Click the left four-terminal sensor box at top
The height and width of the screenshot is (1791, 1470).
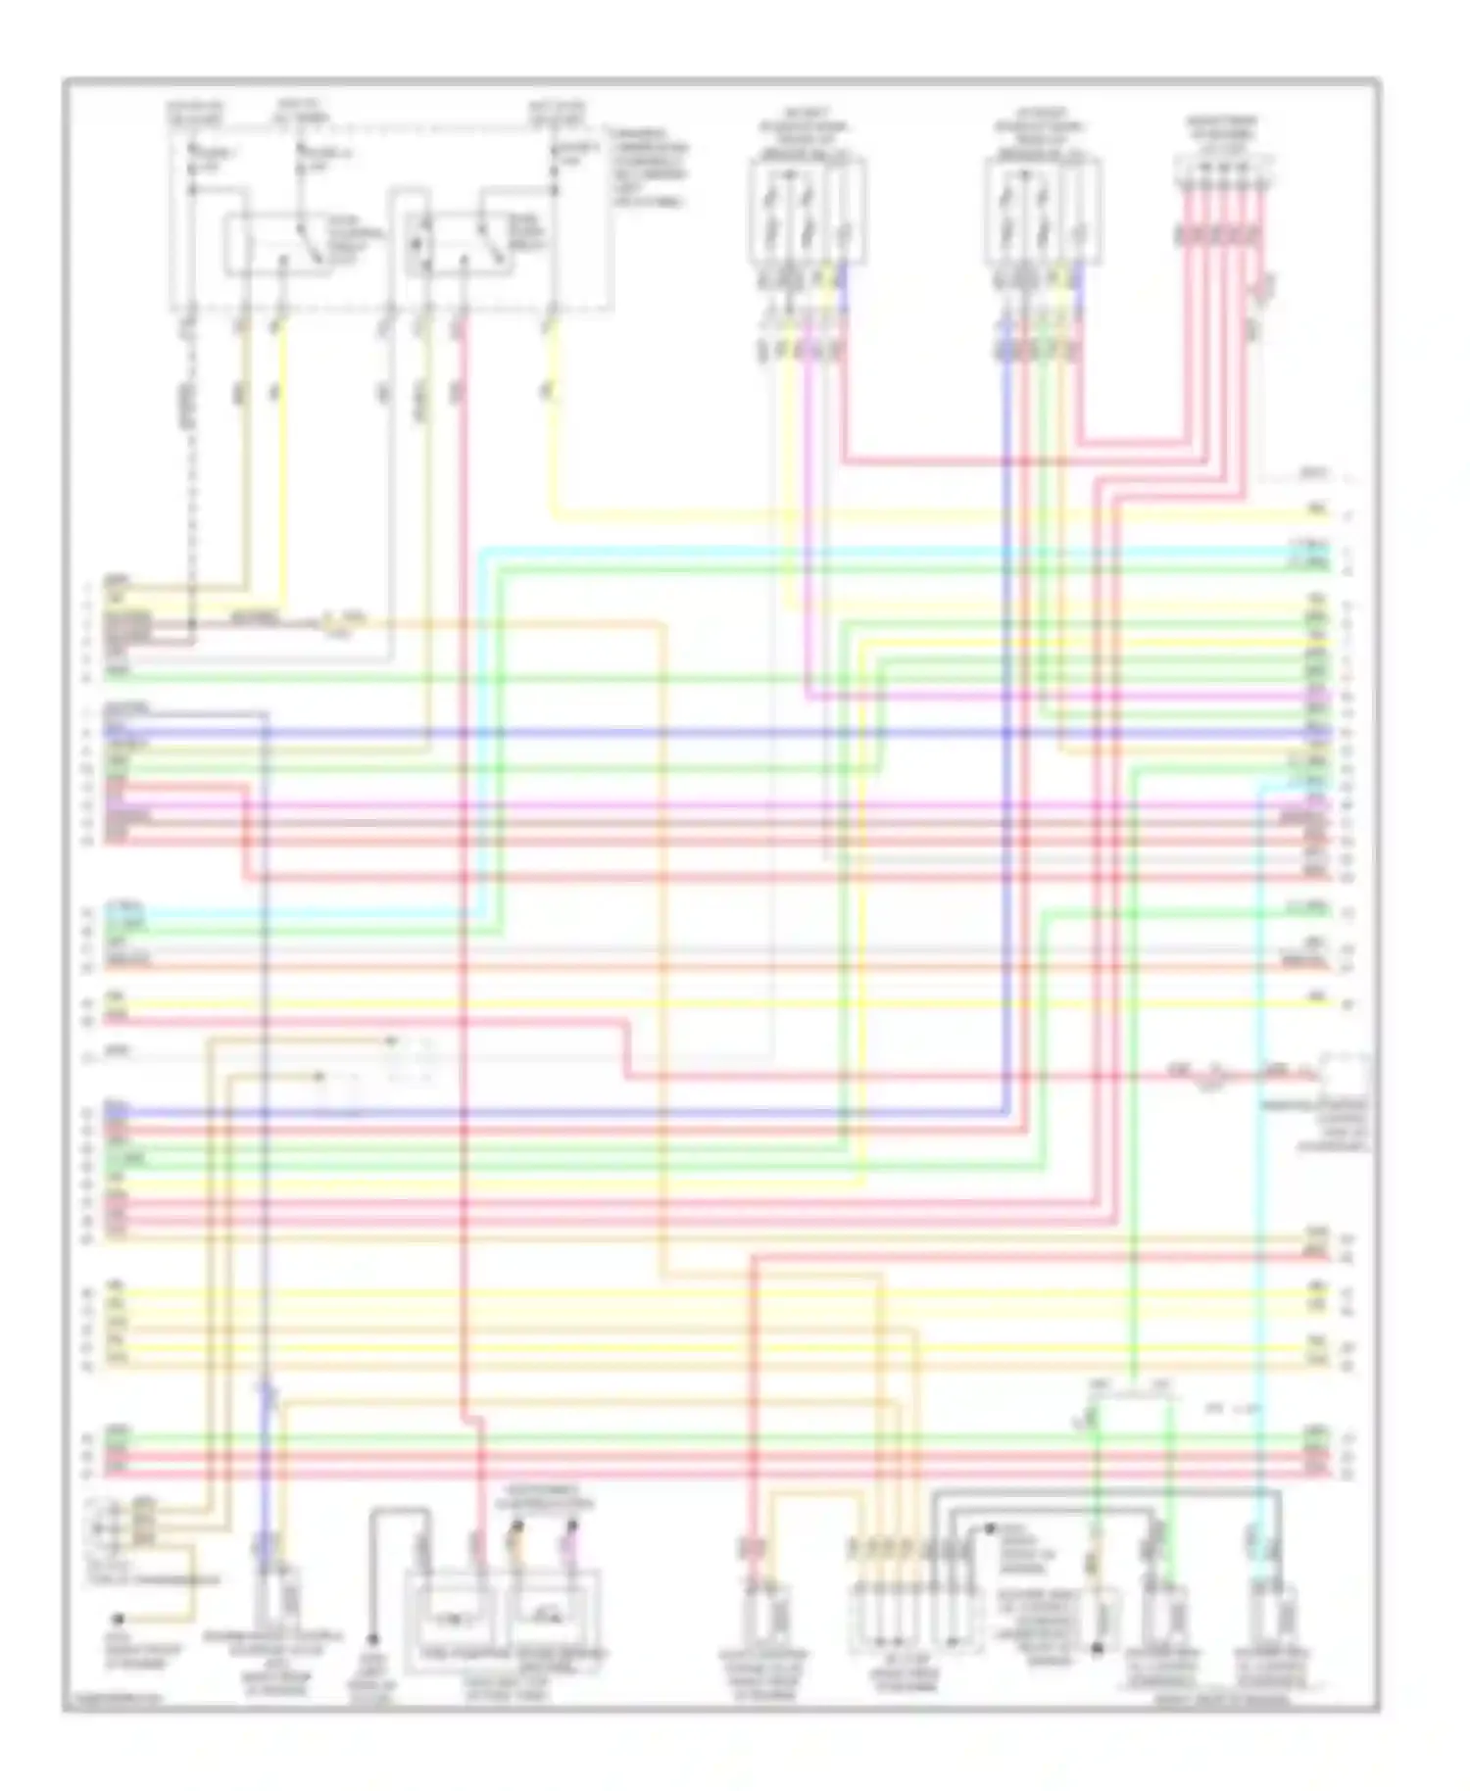(x=806, y=213)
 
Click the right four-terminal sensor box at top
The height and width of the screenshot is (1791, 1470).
(x=1042, y=213)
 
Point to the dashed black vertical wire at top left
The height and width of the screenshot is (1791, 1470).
(x=192, y=441)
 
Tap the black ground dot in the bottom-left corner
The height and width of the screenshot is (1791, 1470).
(x=118, y=1620)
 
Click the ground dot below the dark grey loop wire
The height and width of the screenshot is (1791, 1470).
(x=373, y=1639)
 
